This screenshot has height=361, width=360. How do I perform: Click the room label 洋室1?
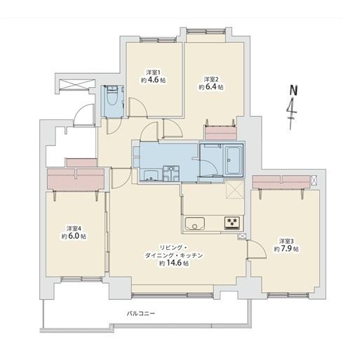(x=154, y=72)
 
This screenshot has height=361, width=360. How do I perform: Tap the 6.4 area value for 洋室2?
(x=214, y=88)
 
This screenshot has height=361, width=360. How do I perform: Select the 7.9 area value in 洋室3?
(x=288, y=249)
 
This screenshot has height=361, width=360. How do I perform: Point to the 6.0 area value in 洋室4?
(x=76, y=237)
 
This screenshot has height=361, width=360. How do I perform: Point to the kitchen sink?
(x=194, y=225)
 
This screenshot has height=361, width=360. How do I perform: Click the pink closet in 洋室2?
(x=220, y=132)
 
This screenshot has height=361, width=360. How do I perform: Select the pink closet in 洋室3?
(x=282, y=182)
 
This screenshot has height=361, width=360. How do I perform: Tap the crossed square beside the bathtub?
(x=234, y=189)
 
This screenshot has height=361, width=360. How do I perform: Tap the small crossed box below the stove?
(x=242, y=237)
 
